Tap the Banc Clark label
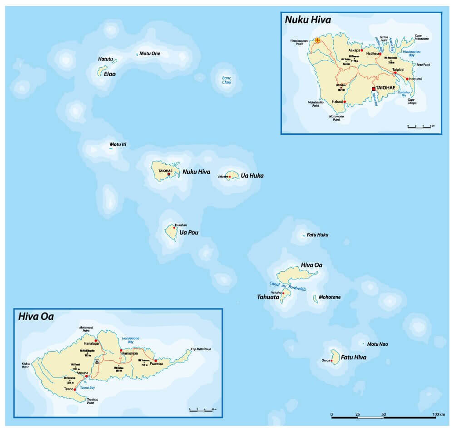click(227, 80)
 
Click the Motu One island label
click(150, 54)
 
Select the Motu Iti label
click(118, 145)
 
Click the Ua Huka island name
click(252, 176)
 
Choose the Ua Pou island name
click(189, 233)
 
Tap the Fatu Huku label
click(317, 235)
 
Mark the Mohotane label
click(330, 297)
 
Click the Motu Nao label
click(377, 344)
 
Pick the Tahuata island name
click(264, 298)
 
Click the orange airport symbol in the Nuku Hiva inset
click(318, 40)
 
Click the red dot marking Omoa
click(332, 361)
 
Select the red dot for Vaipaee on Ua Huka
click(230, 176)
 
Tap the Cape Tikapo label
click(412, 101)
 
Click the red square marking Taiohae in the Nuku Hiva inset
click(373, 89)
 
